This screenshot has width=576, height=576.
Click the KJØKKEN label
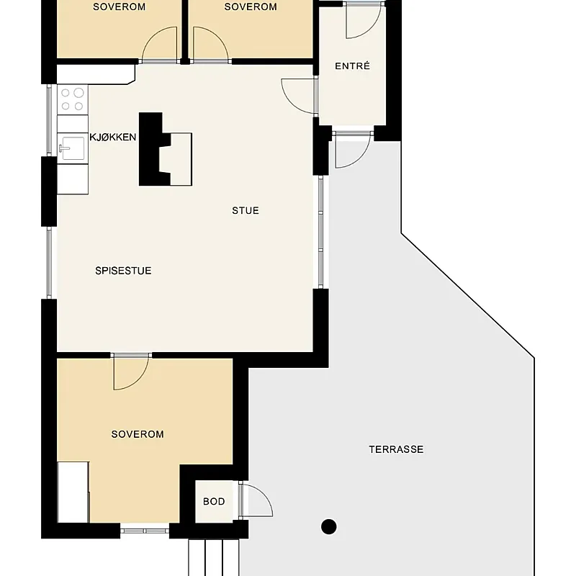tap(113, 137)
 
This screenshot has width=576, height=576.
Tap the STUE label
tap(246, 210)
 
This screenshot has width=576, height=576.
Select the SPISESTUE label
tap(123, 271)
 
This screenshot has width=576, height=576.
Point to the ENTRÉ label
tap(352, 66)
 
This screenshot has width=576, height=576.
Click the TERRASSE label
tap(396, 449)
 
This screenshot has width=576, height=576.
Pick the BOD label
tap(214, 501)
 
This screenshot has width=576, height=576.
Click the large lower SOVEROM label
tap(138, 434)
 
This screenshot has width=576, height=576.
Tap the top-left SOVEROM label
tap(119, 6)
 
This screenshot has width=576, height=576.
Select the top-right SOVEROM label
tap(251, 6)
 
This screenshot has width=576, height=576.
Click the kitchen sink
tap(73, 148)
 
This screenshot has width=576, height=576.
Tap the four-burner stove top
tap(73, 99)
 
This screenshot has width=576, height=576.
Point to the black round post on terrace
tap(329, 526)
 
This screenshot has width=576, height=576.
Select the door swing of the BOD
tap(256, 500)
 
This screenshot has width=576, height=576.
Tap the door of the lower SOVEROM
tap(131, 372)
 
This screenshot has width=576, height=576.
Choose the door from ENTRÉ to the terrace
tap(353, 150)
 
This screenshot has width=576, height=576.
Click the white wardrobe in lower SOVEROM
tap(73, 492)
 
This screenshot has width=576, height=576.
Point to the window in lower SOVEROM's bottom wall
tap(145, 531)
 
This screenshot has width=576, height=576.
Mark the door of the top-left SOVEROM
tap(159, 45)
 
